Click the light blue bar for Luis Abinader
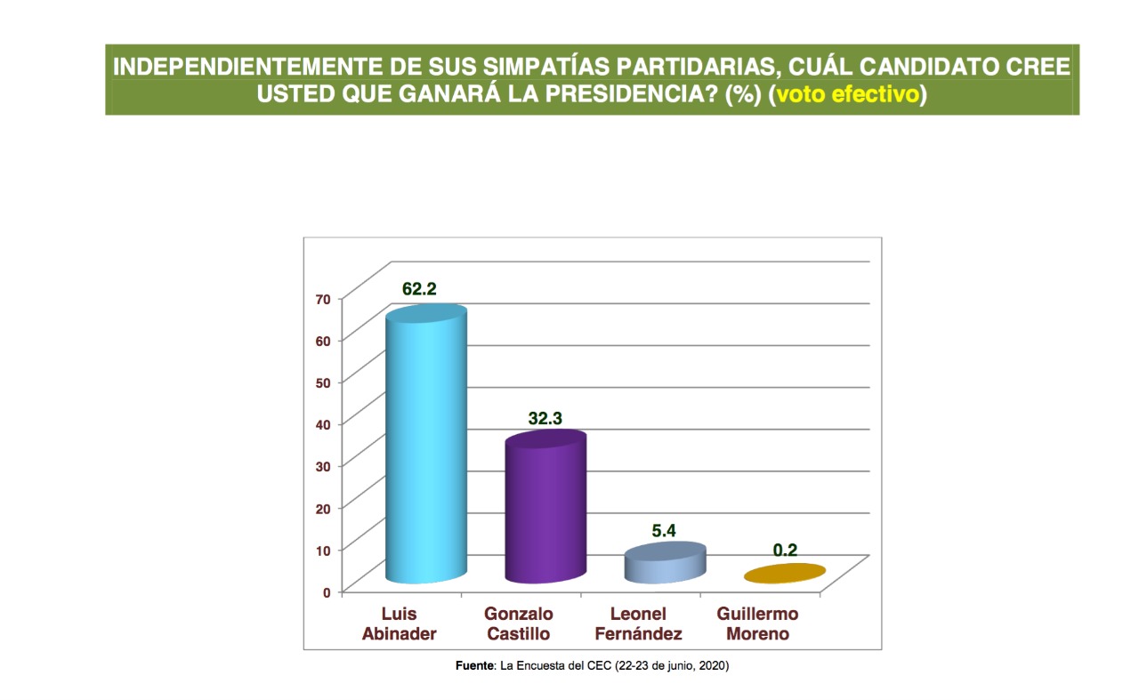point(424,445)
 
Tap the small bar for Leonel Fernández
point(665,564)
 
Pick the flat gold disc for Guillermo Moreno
point(785,574)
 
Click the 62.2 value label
point(419,289)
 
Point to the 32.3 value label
point(545,416)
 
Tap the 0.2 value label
point(785,551)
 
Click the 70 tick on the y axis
point(322,299)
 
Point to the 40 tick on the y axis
point(322,423)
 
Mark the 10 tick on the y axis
point(322,549)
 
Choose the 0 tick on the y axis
point(326,591)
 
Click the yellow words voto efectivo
point(847,95)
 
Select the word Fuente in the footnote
point(473,666)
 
